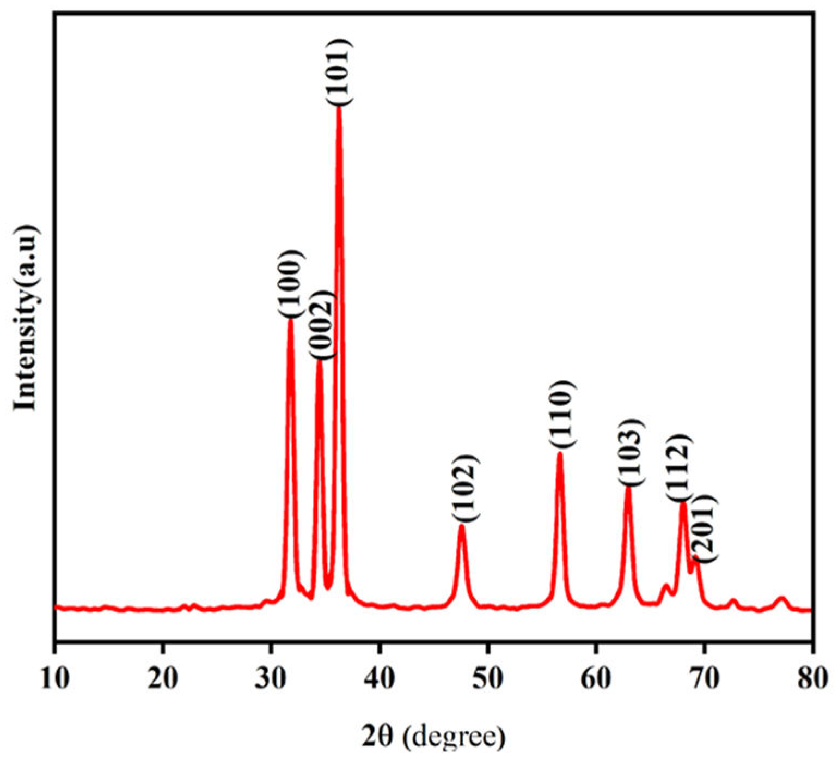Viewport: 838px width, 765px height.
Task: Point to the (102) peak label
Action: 465,488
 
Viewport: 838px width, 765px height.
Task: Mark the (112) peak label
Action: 680,467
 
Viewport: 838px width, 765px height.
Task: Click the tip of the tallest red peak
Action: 339,108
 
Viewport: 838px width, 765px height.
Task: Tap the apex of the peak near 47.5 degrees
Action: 462,526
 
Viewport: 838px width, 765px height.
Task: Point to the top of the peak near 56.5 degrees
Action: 560,453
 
